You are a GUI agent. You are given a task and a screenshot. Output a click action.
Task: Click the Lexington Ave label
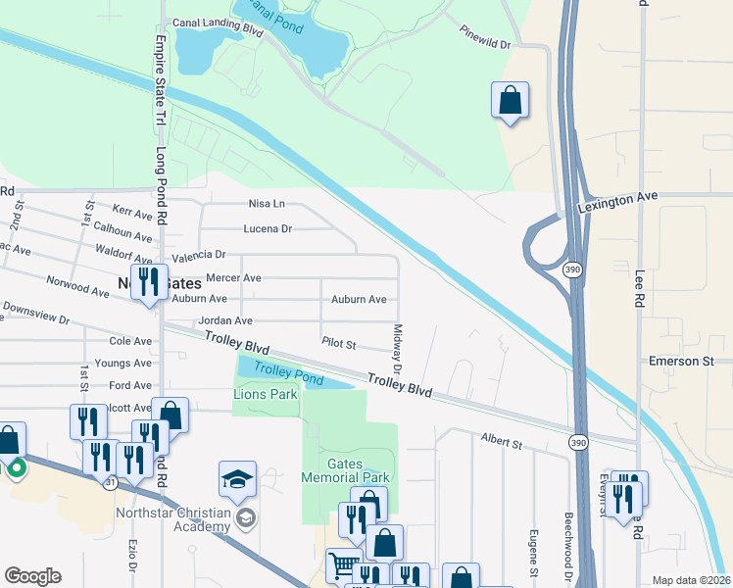[x=617, y=197]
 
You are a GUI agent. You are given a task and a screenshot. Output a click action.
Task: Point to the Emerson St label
[x=681, y=362]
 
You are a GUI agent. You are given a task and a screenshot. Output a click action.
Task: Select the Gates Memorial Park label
[x=359, y=470]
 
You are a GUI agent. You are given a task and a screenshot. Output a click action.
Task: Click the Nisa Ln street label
[x=267, y=204]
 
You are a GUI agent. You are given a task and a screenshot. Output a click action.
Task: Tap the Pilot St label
[x=338, y=344]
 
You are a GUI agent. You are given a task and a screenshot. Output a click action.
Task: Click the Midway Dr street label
[x=398, y=348]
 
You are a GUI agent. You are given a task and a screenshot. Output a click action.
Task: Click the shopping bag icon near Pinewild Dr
[x=510, y=100]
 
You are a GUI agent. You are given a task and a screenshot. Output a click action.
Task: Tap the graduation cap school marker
[x=237, y=480]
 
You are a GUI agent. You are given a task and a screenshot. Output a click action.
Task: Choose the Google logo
[x=32, y=576]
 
